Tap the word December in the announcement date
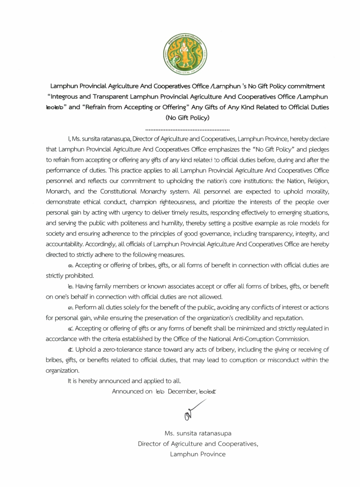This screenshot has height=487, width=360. pos(182,392)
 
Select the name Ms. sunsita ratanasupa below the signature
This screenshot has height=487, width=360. pos(198,433)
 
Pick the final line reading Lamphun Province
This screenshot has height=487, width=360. pos(198,454)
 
